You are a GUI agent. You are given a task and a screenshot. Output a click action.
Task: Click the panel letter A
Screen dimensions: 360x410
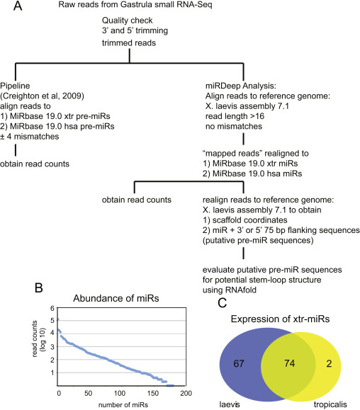pos(18,6)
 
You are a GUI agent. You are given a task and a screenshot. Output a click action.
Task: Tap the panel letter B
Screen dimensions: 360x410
pos(39,287)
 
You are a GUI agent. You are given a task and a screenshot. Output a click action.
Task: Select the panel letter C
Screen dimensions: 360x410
pos(223,303)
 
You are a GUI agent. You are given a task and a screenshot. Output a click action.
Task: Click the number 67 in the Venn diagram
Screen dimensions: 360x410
pos(239,363)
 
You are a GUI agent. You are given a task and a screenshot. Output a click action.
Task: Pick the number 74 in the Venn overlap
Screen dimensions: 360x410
pos(290,363)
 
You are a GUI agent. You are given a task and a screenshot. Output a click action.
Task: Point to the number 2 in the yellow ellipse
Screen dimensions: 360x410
pos(329,363)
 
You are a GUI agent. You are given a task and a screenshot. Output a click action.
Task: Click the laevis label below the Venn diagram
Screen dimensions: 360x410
pos(230,404)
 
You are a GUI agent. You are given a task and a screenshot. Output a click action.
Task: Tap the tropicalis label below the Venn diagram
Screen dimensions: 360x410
pos(330,405)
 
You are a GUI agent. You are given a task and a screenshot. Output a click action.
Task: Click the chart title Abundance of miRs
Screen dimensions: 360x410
pos(116,298)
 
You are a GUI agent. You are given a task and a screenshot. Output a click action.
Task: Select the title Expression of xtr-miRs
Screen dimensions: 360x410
pos(280,319)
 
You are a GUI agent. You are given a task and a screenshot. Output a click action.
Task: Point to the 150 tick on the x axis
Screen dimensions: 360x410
pos(153,393)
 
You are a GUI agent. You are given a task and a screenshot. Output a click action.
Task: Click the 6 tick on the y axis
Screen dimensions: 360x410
pos(52,308)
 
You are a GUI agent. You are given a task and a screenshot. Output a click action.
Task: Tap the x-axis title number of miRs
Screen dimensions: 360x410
pos(123,405)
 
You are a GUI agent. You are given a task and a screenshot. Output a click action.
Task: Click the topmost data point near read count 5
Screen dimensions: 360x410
pos(58,319)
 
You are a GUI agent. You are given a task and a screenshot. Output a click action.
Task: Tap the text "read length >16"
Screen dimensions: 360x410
pos(235,116)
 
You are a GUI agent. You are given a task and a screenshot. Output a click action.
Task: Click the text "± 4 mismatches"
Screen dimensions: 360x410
pos(30,137)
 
